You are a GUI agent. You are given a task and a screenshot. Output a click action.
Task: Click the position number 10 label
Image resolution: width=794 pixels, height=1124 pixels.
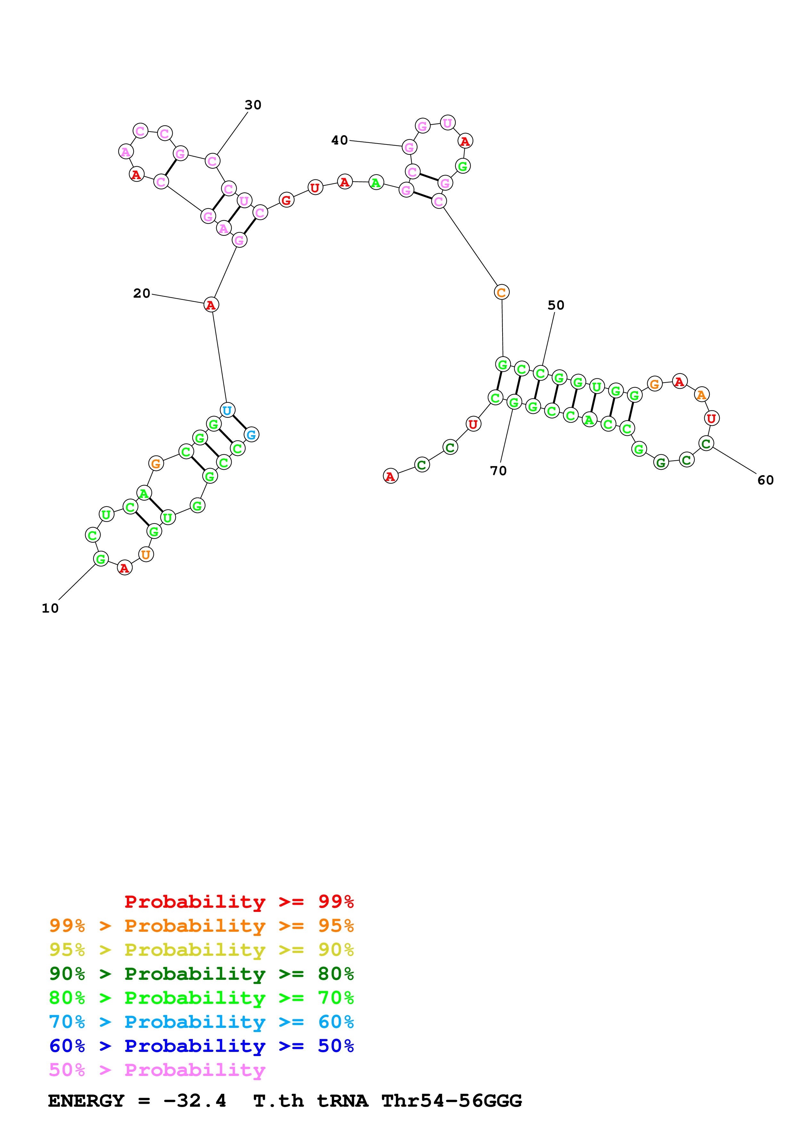[x=50, y=608]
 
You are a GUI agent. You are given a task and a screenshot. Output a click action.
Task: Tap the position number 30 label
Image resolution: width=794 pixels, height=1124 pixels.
[x=253, y=105]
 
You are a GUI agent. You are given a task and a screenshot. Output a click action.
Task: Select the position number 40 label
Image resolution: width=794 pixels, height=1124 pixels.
[x=339, y=140]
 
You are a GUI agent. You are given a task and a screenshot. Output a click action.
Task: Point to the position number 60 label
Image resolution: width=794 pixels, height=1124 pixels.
[x=765, y=480]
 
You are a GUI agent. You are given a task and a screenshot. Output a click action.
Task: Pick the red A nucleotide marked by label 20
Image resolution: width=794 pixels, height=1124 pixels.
[x=211, y=304]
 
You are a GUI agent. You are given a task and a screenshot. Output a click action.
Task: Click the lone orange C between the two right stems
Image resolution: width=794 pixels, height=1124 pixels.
[x=502, y=292]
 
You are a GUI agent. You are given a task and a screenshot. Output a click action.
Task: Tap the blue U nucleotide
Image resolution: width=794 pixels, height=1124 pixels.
[x=227, y=410]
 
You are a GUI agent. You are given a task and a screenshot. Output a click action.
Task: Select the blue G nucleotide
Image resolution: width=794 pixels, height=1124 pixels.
[x=251, y=434]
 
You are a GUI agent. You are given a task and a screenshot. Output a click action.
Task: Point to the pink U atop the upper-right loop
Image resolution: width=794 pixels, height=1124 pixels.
[x=448, y=122]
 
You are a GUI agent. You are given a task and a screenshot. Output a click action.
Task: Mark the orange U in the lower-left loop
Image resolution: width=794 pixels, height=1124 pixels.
[x=146, y=554]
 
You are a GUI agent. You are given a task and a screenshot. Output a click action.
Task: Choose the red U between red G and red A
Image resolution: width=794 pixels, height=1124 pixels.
[x=315, y=187]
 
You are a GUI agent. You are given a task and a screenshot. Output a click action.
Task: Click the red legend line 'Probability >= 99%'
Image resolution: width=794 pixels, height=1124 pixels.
[x=239, y=901]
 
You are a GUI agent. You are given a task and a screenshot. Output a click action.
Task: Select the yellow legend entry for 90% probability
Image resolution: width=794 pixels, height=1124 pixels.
[x=201, y=950]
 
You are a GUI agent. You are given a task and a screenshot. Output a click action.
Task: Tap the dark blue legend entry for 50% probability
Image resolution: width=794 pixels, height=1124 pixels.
[x=201, y=1046]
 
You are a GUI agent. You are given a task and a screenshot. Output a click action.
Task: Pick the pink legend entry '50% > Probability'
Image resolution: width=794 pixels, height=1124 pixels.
[x=157, y=1070]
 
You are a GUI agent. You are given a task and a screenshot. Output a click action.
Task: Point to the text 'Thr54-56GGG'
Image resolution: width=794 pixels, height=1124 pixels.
[x=451, y=1101]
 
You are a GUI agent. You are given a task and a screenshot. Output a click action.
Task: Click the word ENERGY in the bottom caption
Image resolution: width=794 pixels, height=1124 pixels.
[x=86, y=1101]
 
